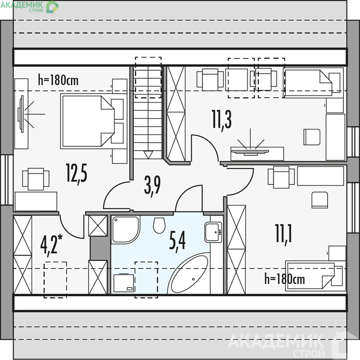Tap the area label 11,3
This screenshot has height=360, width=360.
222,121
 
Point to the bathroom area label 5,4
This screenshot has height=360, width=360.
177,241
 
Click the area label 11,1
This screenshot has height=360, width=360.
283,235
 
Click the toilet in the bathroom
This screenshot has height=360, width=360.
159,225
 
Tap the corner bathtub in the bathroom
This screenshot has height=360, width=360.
189,273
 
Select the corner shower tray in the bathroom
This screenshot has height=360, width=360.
125,229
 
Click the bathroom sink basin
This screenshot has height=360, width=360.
213,232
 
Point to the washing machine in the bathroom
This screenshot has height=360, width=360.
124,283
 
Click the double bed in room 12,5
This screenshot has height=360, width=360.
93,121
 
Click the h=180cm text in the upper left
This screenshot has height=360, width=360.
58,80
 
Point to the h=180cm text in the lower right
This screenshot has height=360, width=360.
284,279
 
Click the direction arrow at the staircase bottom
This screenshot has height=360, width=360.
148,155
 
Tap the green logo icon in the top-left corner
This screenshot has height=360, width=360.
52,7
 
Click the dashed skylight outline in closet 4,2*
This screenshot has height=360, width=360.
55,280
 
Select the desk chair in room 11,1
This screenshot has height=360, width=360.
320,200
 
